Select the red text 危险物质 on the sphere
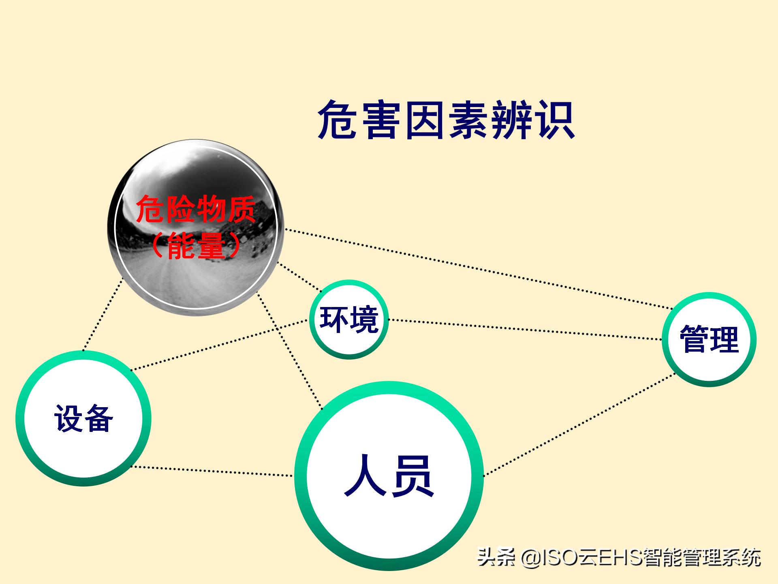click(196, 210)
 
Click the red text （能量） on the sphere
click(196, 246)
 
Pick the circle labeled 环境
click(349, 320)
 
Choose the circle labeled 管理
click(709, 339)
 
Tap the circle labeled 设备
click(83, 418)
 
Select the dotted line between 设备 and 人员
click(213, 471)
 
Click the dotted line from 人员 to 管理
click(579, 424)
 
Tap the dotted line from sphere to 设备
click(103, 314)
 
